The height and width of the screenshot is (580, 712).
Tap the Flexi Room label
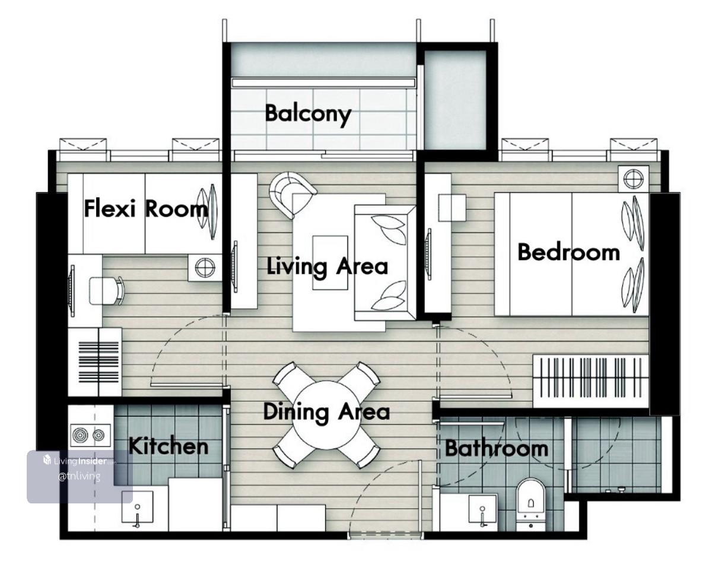(146, 209)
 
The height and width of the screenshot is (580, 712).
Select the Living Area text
(328, 267)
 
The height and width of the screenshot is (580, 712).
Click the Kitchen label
(168, 446)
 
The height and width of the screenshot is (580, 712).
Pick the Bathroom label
(497, 448)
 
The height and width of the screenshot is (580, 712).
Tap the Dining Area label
(326, 413)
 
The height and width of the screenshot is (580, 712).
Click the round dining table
(326, 415)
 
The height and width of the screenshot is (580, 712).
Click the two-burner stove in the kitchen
(91, 435)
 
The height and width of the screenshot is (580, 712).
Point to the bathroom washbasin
(482, 509)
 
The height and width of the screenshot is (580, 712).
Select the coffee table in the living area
(330, 262)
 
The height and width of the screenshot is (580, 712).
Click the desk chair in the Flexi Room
(107, 291)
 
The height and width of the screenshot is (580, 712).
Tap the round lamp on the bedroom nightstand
(634, 179)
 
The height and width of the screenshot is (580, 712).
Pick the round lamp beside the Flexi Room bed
(205, 268)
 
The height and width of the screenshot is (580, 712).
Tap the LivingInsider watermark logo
(80, 461)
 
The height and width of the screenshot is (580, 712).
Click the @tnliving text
(80, 476)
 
